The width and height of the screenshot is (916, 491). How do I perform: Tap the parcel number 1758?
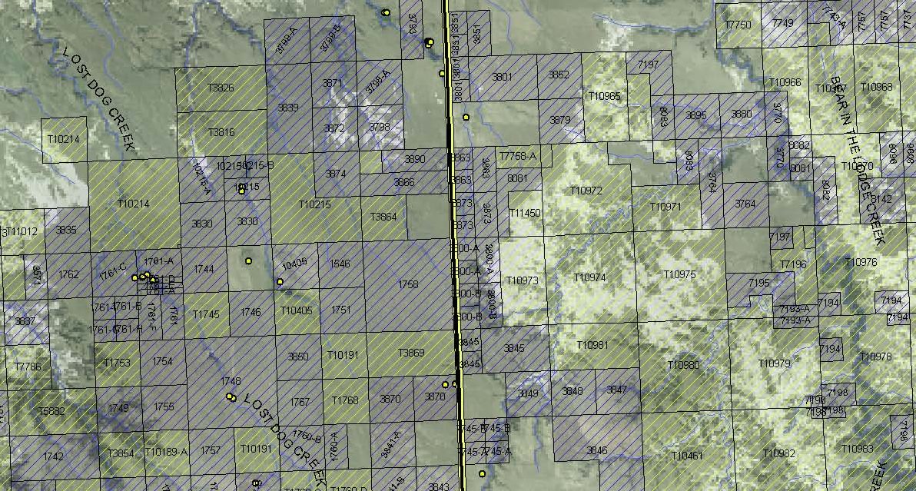[x=409, y=285]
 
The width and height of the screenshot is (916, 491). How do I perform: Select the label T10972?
[x=587, y=190]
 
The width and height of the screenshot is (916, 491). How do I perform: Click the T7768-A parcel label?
[x=518, y=157]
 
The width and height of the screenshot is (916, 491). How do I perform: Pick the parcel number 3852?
[x=559, y=75]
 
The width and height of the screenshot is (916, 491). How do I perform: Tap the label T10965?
[x=604, y=96]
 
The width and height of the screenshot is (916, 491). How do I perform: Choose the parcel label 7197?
[x=648, y=65]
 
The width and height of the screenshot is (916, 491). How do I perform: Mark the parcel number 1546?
[x=340, y=264]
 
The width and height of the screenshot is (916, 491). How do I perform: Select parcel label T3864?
[x=383, y=217]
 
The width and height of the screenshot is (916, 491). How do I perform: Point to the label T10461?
[x=687, y=456]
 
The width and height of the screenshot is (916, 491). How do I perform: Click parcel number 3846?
[x=596, y=450]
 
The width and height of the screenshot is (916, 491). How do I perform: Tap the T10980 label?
[x=684, y=364]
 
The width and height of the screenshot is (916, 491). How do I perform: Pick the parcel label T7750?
[x=738, y=25]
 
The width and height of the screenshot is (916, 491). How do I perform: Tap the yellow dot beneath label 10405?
[x=280, y=282]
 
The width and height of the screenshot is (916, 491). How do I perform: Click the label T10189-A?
[x=166, y=452]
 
